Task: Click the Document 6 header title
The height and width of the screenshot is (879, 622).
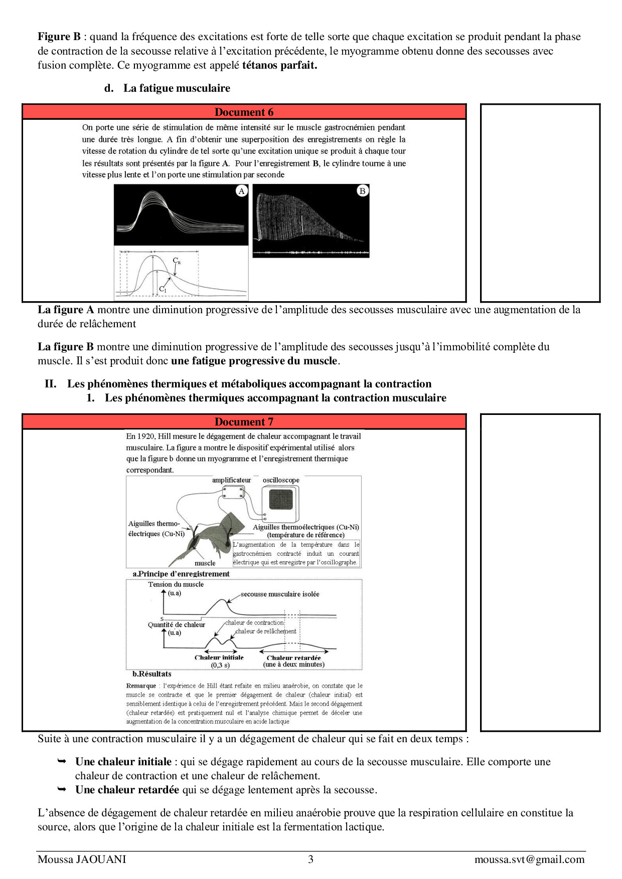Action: tap(244, 112)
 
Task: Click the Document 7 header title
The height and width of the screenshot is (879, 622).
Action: tap(244, 422)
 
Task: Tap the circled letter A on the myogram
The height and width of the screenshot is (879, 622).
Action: tap(242, 191)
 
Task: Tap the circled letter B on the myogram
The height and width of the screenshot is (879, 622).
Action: tap(362, 191)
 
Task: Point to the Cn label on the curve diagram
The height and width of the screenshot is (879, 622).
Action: tap(177, 261)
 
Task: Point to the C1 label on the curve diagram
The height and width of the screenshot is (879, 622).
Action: tap(163, 289)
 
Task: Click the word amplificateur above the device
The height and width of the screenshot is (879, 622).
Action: tap(231, 480)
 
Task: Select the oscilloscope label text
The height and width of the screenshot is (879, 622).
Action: tap(281, 480)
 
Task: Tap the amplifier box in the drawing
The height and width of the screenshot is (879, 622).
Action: tap(233, 493)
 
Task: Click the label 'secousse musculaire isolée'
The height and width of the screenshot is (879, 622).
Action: tap(280, 594)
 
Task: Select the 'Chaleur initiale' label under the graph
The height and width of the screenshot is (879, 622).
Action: tap(219, 657)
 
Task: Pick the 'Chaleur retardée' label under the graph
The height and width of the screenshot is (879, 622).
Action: tap(293, 657)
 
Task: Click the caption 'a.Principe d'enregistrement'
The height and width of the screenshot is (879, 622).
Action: tap(181, 574)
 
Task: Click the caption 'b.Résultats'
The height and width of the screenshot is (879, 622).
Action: tap(152, 674)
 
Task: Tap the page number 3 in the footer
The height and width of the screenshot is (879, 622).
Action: tap(310, 859)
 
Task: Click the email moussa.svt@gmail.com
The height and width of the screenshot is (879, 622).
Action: tap(529, 859)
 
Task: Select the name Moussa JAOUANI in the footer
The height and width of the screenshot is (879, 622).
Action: tap(82, 859)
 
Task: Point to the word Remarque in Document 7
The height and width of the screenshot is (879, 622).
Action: tap(141, 686)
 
